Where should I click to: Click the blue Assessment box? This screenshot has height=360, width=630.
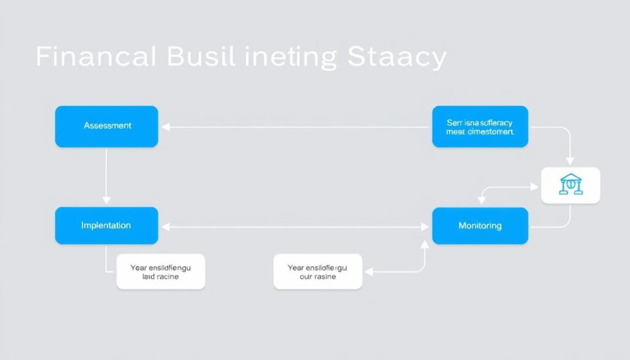(x=106, y=126)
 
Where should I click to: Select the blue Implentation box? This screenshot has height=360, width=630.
(x=106, y=226)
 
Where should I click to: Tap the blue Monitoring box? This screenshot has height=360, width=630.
(x=480, y=226)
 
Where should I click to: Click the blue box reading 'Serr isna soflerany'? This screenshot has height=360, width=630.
(x=480, y=126)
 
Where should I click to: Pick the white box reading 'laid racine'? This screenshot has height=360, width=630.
(x=161, y=271)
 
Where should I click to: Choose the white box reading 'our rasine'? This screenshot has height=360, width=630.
(x=318, y=271)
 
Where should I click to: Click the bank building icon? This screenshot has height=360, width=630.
(x=570, y=185)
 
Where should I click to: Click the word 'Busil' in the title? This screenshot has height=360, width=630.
(x=201, y=58)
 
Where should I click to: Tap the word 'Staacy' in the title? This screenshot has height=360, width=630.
(x=397, y=58)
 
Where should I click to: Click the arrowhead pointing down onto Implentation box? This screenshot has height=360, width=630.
(x=106, y=201)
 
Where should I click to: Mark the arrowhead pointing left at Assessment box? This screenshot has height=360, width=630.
(x=165, y=127)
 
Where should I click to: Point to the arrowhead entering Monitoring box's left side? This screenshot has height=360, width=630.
(x=426, y=227)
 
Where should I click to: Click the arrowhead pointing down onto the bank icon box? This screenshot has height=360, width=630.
(x=570, y=161)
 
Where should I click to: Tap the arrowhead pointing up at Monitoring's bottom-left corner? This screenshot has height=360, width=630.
(x=425, y=243)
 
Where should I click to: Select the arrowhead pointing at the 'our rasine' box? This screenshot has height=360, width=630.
(x=367, y=271)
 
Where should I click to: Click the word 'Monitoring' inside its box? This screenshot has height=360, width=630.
(x=480, y=226)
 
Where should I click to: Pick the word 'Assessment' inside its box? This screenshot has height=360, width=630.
(x=107, y=126)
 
